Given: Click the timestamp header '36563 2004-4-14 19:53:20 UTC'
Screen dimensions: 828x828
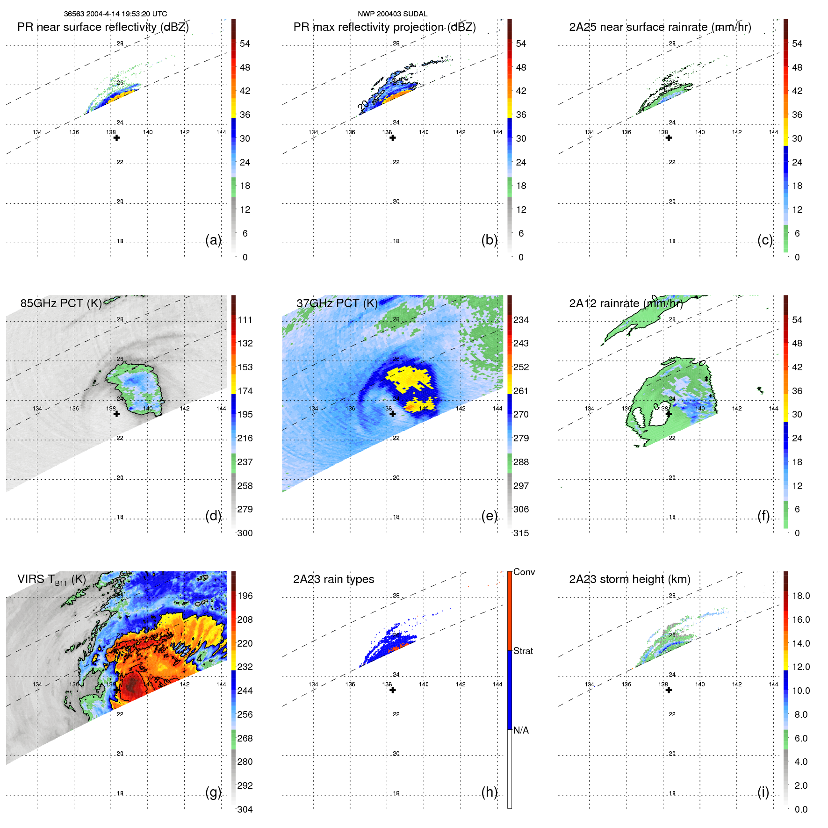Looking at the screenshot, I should (x=115, y=14).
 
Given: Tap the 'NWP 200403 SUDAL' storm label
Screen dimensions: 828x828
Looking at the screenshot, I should (x=392, y=14).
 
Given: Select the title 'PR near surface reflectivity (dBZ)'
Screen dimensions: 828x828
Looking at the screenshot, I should (x=103, y=27).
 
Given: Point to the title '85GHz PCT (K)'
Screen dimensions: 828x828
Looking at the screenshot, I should (x=61, y=303).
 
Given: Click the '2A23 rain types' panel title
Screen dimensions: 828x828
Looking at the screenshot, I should (x=333, y=579).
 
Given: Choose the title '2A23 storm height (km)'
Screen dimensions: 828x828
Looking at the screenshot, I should (x=629, y=579).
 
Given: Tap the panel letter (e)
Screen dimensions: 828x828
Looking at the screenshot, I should (x=489, y=516).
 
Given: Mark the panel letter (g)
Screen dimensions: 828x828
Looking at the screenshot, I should (x=213, y=792).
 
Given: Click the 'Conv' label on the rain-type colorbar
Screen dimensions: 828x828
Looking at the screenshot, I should (x=524, y=572).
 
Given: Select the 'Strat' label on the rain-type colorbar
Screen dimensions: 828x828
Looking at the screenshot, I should (x=523, y=651).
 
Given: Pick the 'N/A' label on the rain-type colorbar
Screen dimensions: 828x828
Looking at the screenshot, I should (x=521, y=730).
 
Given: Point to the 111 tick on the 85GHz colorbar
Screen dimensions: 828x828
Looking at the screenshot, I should (x=245, y=320).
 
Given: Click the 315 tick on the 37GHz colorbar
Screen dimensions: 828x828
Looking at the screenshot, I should (x=521, y=533).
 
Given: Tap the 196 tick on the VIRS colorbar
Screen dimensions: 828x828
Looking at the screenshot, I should (x=245, y=596).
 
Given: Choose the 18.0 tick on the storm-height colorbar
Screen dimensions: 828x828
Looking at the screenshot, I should (x=800, y=596).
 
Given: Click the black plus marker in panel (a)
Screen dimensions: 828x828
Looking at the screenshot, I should (x=116, y=138).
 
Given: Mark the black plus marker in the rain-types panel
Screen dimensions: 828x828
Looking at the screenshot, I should (x=393, y=690).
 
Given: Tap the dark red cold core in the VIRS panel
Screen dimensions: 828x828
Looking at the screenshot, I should (x=133, y=685).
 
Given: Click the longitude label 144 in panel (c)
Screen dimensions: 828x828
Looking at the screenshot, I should (x=773, y=132).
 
